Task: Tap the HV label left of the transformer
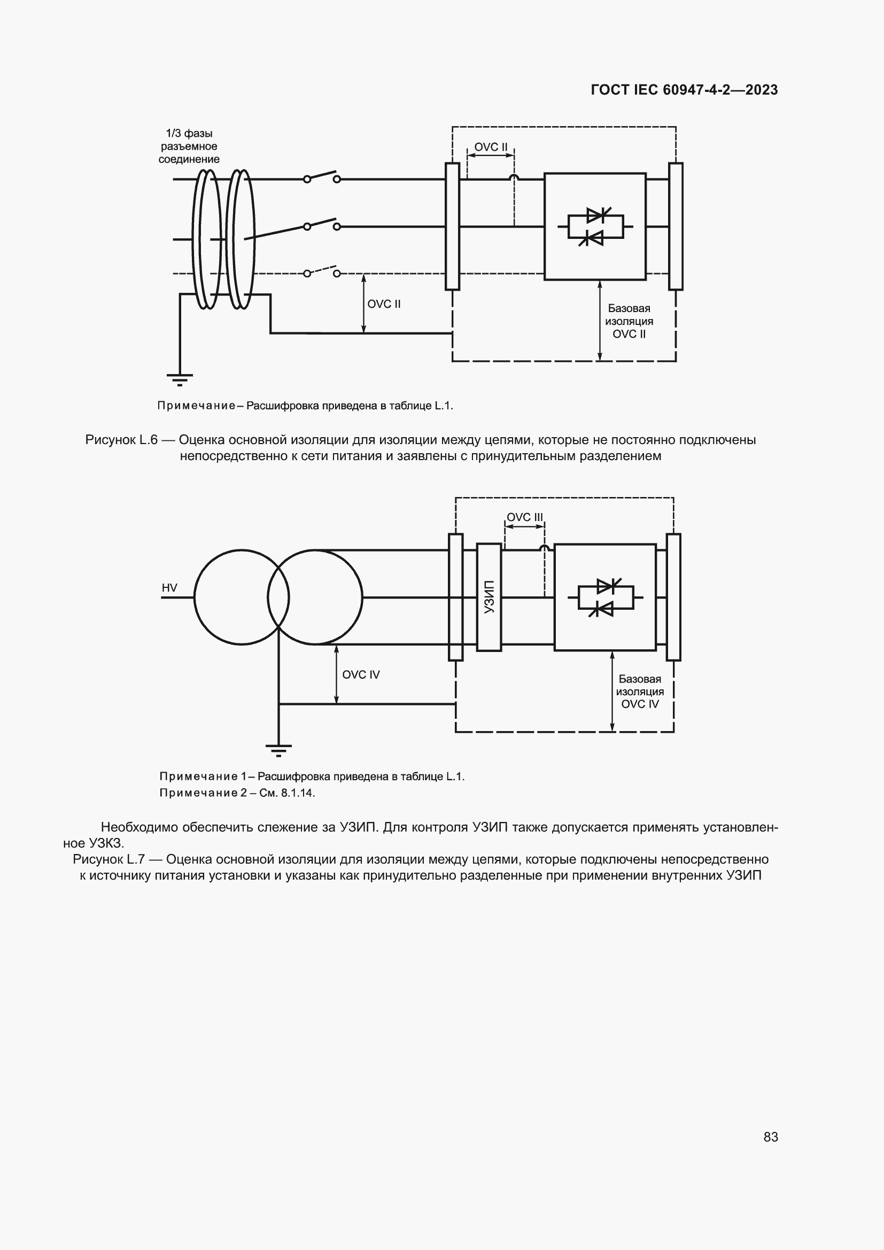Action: (169, 588)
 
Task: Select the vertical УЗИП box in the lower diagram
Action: (489, 597)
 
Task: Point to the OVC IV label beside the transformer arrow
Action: (360, 674)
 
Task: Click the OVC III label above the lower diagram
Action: (524, 517)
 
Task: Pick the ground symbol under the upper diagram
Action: (180, 378)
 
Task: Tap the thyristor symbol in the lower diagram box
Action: (606, 597)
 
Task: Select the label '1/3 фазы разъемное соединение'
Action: (189, 146)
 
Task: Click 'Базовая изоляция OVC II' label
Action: (629, 321)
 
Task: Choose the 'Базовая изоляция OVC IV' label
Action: (640, 692)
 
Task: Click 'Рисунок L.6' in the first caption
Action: (121, 440)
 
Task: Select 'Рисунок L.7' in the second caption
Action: (108, 859)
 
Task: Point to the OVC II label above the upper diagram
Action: (491, 147)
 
